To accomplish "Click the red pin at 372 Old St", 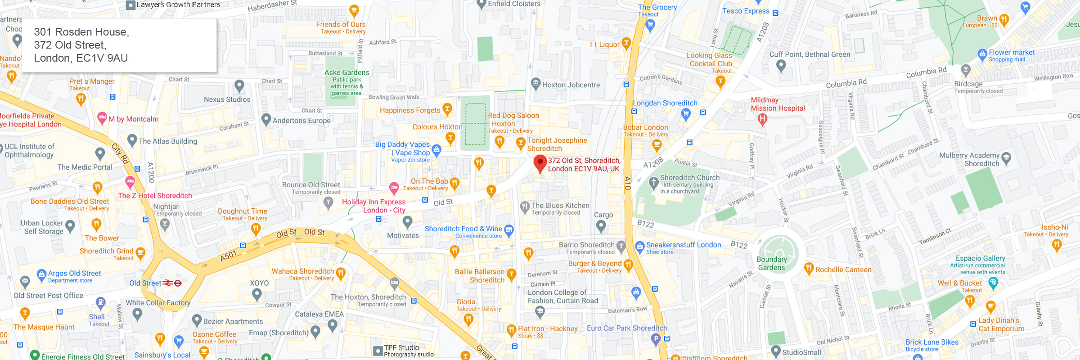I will coord(540,163).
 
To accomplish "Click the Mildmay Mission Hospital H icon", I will coord(762,119).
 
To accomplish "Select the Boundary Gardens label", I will coord(771,263).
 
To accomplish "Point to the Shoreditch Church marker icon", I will coord(653,183).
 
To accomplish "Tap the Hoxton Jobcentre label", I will coord(571,85).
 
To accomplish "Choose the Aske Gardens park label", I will coord(346,72).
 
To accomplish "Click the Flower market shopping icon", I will coord(982,55).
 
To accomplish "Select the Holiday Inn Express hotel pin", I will coord(394,188).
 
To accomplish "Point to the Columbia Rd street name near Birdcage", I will coord(926,72).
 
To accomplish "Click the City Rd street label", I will coord(120,153).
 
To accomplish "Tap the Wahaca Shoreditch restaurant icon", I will coord(341,272).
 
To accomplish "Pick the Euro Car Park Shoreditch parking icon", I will coord(656,338).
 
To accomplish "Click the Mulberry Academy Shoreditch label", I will coord(969,159).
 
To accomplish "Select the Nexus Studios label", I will coord(227,99).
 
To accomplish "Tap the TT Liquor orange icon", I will coord(626,44).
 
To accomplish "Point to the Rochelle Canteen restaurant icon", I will coord(809,269).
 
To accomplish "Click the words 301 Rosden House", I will coord(81,32).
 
